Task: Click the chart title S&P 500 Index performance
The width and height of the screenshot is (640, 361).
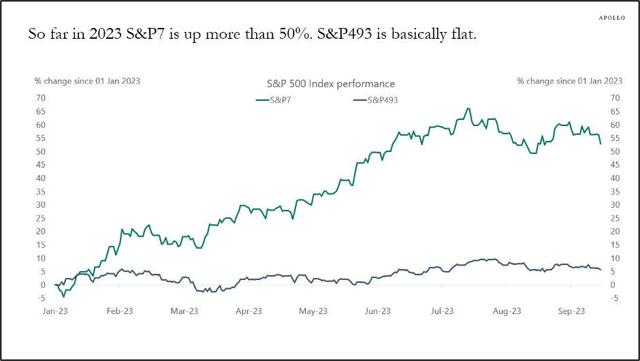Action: [x=330, y=84]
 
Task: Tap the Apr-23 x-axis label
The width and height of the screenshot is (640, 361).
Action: [x=249, y=311]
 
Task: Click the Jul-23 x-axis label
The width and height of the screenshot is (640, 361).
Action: [x=441, y=311]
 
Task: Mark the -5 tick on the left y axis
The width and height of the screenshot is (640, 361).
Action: [x=42, y=298]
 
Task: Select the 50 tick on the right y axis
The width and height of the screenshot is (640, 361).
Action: [x=615, y=151]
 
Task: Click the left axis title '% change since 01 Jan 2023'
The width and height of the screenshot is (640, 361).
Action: [x=88, y=81]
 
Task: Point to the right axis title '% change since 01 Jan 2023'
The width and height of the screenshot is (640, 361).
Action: [x=570, y=81]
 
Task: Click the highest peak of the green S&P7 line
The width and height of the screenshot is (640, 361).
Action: [x=468, y=108]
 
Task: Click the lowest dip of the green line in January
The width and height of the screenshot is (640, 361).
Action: [x=64, y=296]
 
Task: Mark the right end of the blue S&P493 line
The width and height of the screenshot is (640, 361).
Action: [x=601, y=270]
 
